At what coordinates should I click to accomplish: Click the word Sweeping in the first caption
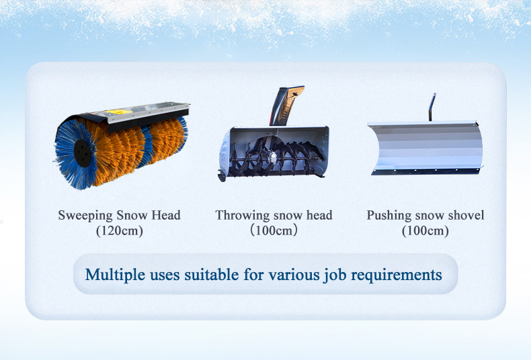coord(85,216)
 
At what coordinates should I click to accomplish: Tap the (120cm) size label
coord(120,231)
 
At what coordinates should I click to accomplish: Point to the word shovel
coord(466,215)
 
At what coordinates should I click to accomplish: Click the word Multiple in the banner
coord(115,275)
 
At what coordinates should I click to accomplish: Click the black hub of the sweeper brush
coord(82,153)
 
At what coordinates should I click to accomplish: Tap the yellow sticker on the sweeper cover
coord(118,111)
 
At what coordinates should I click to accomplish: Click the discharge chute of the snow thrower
coord(286,105)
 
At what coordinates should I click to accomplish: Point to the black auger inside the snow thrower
coord(277,156)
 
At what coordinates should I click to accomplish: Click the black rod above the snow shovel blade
coord(432,107)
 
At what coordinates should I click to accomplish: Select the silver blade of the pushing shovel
coord(425,148)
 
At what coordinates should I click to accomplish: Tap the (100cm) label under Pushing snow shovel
coord(425,231)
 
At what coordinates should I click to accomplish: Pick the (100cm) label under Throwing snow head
coord(274,231)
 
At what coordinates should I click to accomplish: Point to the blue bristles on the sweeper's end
coord(69,154)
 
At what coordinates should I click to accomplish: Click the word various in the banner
coord(294,275)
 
